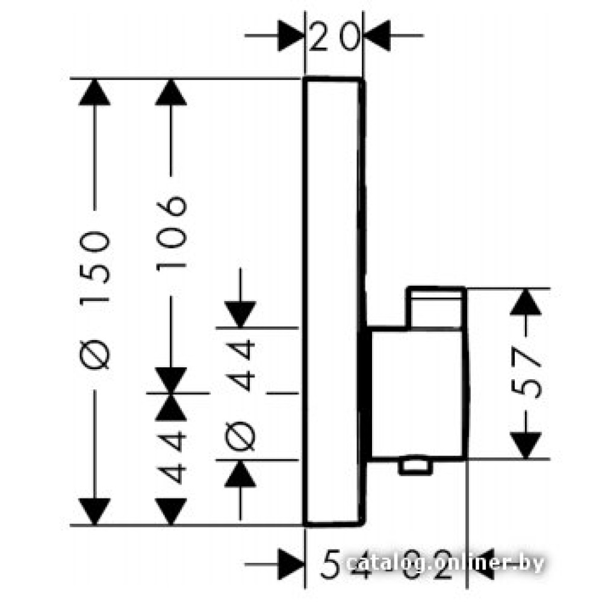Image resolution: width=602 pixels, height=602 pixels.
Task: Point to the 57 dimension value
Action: [527, 373]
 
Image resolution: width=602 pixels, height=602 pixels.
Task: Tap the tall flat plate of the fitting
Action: [333, 301]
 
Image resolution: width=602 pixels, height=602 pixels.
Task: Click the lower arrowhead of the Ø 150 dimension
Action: [95, 511]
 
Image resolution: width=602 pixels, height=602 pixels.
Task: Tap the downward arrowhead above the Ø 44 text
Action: [240, 314]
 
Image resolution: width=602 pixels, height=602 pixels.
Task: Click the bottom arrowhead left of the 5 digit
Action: [291, 564]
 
